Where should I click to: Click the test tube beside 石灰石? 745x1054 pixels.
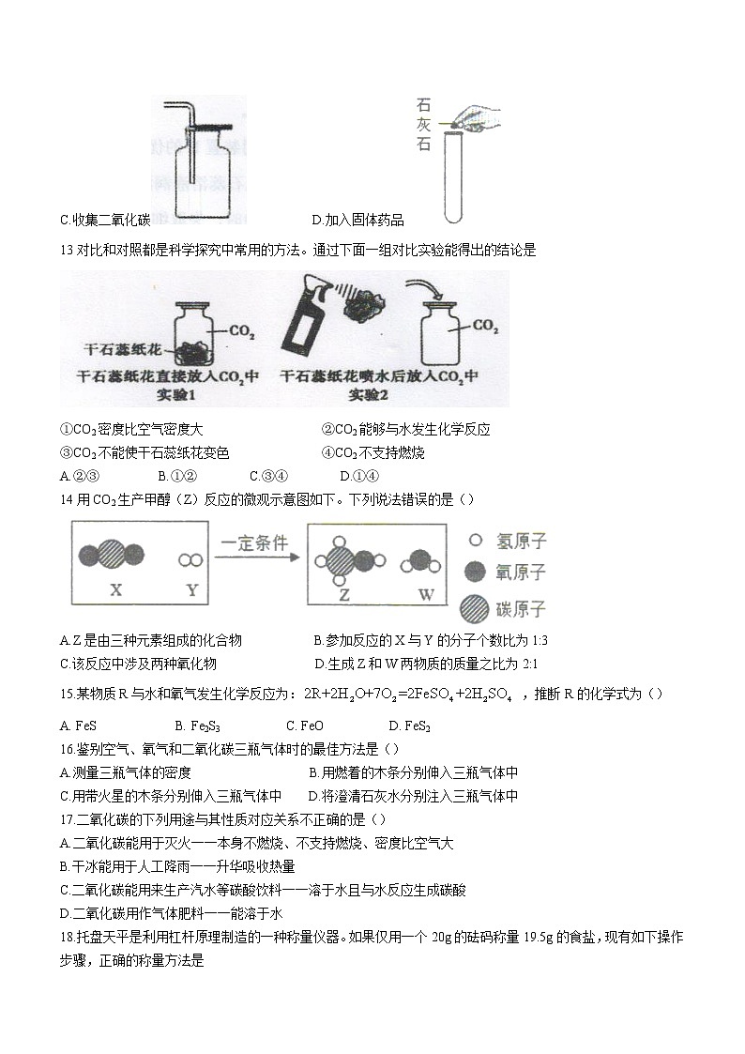pyautogui.click(x=453, y=178)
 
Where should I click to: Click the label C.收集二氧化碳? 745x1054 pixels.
pyautogui.click(x=104, y=221)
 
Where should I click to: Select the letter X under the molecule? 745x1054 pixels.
pyautogui.click(x=116, y=590)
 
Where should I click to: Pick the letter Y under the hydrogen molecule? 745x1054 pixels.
pyautogui.click(x=191, y=590)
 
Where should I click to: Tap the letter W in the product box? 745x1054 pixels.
pyautogui.click(x=426, y=594)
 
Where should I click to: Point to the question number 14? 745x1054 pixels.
pyautogui.click(x=66, y=498)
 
